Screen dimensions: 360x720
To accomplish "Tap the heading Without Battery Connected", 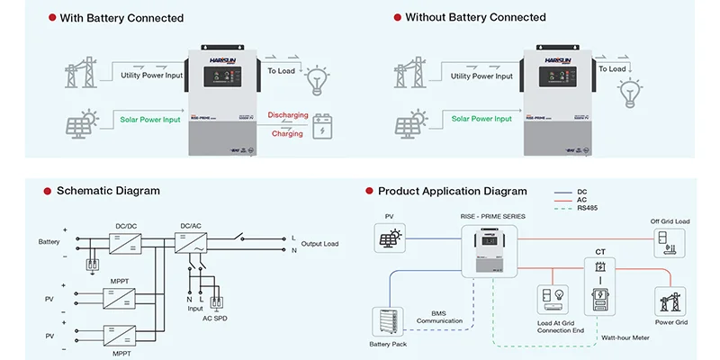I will [475, 18].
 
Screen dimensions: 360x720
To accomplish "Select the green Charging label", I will [286, 133].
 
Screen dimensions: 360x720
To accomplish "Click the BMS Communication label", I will [438, 317].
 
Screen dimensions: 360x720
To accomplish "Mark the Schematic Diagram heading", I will [108, 191].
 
